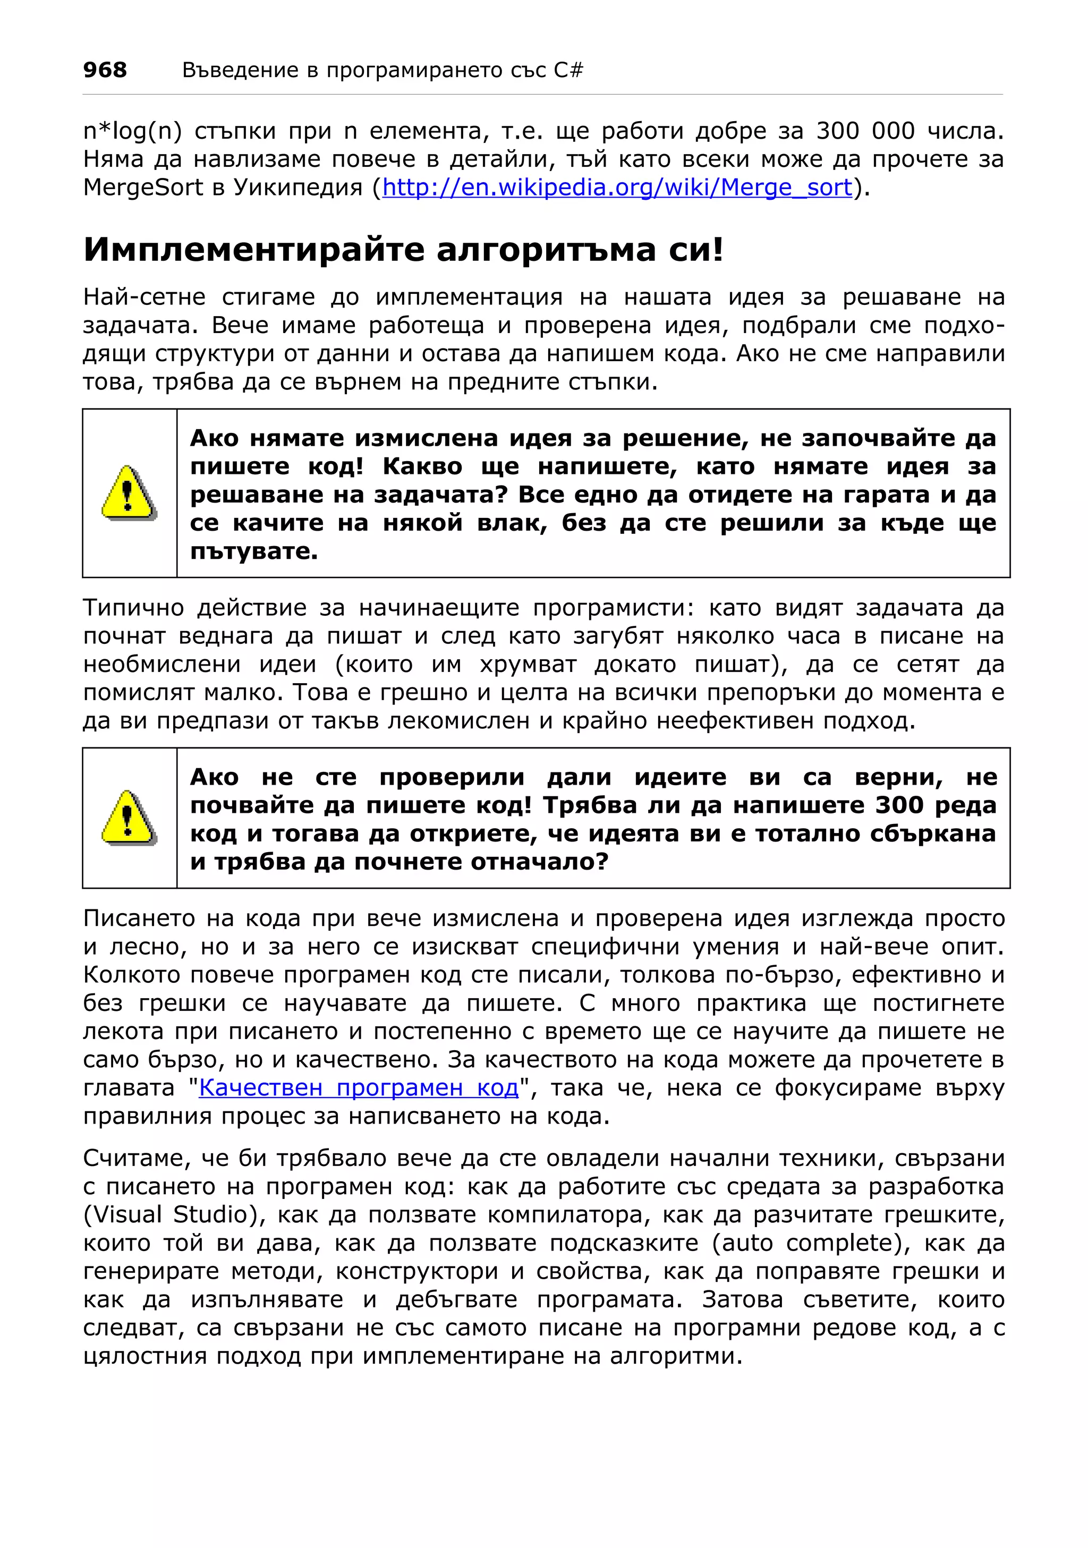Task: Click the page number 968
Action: pyautogui.click(x=105, y=70)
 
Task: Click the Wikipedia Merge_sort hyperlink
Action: pyautogui.click(x=617, y=188)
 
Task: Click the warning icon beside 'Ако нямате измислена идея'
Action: pyautogui.click(x=129, y=494)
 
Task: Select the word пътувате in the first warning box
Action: pyautogui.click(x=253, y=551)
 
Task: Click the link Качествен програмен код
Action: pyautogui.click(x=359, y=1087)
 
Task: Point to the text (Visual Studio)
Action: pyautogui.click(x=171, y=1214)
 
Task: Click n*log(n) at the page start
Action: pyautogui.click(x=133, y=131)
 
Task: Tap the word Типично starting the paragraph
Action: pyautogui.click(x=133, y=608)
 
